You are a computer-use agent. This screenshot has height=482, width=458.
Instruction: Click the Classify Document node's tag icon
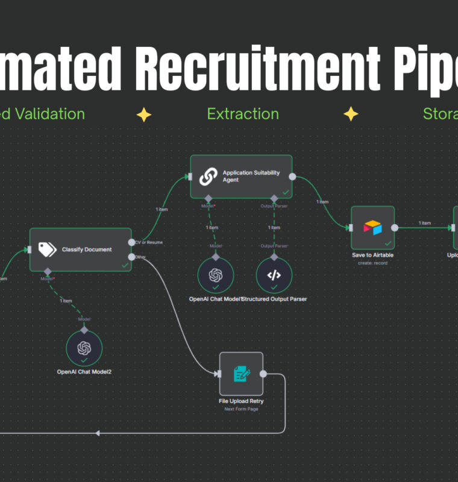coord(47,249)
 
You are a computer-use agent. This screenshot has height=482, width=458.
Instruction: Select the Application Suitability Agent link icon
coord(209,176)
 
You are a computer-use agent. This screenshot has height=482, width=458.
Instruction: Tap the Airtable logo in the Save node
coord(372,228)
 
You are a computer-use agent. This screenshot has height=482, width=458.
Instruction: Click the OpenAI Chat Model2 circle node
coord(84,348)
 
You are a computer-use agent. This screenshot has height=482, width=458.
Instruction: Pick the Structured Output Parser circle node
coord(274,275)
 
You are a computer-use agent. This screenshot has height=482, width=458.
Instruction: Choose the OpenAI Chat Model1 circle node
coord(216,275)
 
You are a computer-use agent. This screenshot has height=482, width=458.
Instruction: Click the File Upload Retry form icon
coord(241,374)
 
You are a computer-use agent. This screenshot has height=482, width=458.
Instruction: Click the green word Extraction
coord(243,114)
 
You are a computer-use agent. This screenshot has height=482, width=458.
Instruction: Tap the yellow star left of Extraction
coord(143,114)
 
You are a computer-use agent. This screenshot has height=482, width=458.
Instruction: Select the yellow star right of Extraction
coord(351,114)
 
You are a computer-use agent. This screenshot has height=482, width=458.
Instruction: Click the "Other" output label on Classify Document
coord(140,257)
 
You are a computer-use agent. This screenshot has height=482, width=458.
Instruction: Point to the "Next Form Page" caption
coord(241,408)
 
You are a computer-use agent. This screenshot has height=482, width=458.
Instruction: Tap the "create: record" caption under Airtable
coord(372,263)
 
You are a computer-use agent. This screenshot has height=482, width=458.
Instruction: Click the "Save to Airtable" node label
coord(372,255)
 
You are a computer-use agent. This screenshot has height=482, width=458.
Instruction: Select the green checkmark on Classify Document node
coord(125,264)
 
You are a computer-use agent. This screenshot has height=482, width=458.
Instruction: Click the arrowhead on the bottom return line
coord(97,433)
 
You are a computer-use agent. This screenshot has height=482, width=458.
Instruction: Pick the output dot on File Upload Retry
coord(263,374)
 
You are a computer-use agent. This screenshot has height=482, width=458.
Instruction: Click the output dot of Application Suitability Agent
coord(292,177)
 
